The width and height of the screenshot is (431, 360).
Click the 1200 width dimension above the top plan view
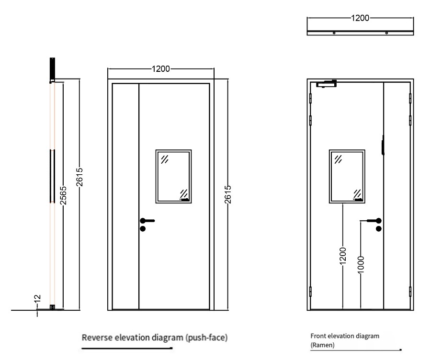point(360,18)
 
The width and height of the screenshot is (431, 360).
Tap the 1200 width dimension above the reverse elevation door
point(161,69)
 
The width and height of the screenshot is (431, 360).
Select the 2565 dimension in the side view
point(64,195)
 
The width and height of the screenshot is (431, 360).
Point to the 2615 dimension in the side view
point(79,177)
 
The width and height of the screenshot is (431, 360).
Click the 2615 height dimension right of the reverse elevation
point(228,194)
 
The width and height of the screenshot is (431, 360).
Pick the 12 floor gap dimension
point(38,298)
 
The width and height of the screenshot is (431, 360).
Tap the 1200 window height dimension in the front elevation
point(343,256)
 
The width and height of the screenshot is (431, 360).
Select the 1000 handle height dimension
point(361,265)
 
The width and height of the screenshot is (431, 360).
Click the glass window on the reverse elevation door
point(173,177)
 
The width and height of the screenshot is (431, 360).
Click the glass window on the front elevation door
point(347,177)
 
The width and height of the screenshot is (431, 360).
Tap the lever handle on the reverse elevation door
point(147,221)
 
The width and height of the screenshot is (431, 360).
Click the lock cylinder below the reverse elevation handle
point(143,229)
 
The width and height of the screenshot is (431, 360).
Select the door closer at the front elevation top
point(327,84)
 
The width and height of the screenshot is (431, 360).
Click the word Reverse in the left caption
point(97,337)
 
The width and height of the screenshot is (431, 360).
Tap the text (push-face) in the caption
point(206,337)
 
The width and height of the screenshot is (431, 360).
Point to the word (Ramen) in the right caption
point(322,345)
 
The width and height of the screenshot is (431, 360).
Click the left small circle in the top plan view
point(334,33)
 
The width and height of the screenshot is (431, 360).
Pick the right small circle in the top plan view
point(386,33)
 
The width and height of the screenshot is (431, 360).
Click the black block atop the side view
point(52,69)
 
